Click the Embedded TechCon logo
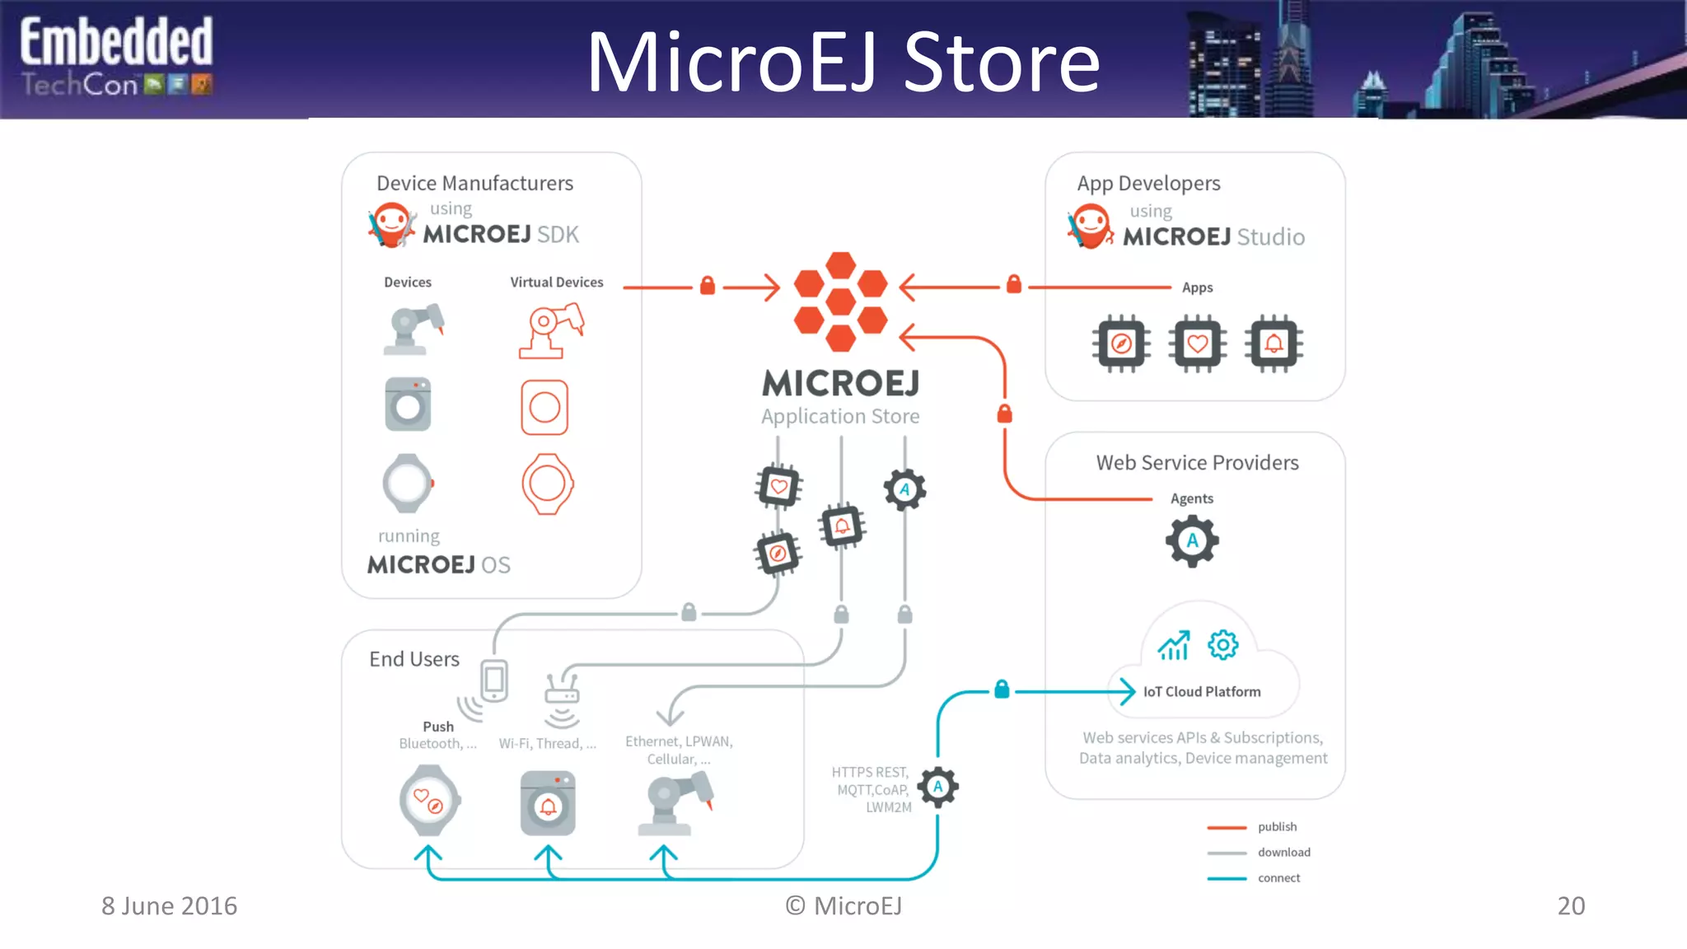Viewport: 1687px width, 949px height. tap(116, 58)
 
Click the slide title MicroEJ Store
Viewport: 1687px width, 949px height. tap(842, 63)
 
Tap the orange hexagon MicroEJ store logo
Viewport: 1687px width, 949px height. tap(840, 302)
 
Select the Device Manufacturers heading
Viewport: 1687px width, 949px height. tap(474, 183)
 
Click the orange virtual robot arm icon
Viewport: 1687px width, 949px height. tap(550, 330)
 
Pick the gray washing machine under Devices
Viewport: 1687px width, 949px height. tap(408, 404)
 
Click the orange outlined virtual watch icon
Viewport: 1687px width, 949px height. tap(547, 484)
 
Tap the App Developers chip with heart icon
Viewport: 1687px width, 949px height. tap(1197, 344)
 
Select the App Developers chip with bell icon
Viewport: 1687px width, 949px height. tap(1273, 344)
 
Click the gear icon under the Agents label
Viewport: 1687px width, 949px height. tap(1192, 541)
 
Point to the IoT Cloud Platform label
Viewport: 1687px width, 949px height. tap(1201, 692)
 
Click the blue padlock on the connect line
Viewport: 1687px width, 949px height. tap(1002, 689)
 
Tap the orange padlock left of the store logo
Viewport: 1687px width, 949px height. tap(707, 286)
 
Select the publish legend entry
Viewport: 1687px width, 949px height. tap(1276, 827)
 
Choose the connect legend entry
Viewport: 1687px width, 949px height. tap(1278, 878)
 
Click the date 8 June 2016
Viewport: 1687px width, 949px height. tap(169, 906)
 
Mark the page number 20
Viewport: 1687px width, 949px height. tap(1570, 906)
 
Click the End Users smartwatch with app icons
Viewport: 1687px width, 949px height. tap(428, 800)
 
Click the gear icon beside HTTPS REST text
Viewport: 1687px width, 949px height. tap(937, 787)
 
